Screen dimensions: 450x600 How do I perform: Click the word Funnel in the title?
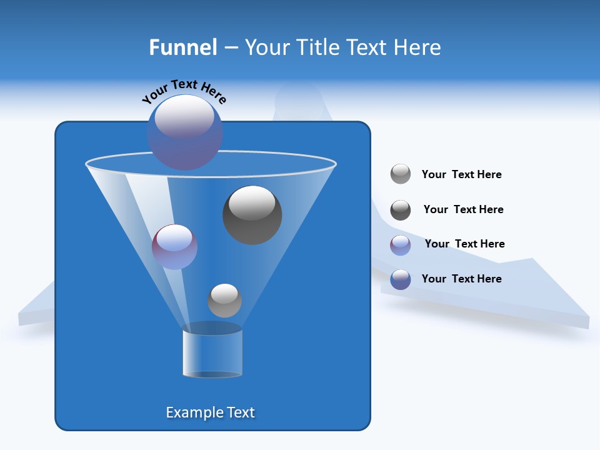(x=182, y=47)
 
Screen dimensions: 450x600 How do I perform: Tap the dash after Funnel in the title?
(x=230, y=48)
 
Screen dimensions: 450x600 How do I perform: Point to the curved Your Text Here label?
(x=184, y=91)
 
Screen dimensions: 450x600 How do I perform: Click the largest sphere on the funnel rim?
(x=185, y=132)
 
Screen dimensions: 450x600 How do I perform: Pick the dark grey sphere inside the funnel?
(x=252, y=215)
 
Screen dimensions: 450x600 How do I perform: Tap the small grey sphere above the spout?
(x=224, y=301)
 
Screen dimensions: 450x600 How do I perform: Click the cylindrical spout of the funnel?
(x=212, y=353)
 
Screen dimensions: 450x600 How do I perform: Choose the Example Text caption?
(x=211, y=412)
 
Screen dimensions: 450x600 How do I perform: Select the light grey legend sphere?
(x=401, y=174)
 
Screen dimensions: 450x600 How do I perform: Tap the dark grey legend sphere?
(x=401, y=210)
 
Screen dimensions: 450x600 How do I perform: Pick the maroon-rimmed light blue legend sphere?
(x=401, y=245)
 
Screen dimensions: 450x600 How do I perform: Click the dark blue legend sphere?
(x=401, y=279)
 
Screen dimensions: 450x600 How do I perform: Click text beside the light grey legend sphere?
(x=461, y=175)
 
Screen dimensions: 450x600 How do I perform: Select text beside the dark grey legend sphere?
(x=463, y=210)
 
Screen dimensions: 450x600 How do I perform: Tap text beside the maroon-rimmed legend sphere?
(x=464, y=244)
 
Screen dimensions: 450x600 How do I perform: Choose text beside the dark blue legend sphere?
(x=461, y=279)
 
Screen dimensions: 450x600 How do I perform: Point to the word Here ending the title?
(x=419, y=47)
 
